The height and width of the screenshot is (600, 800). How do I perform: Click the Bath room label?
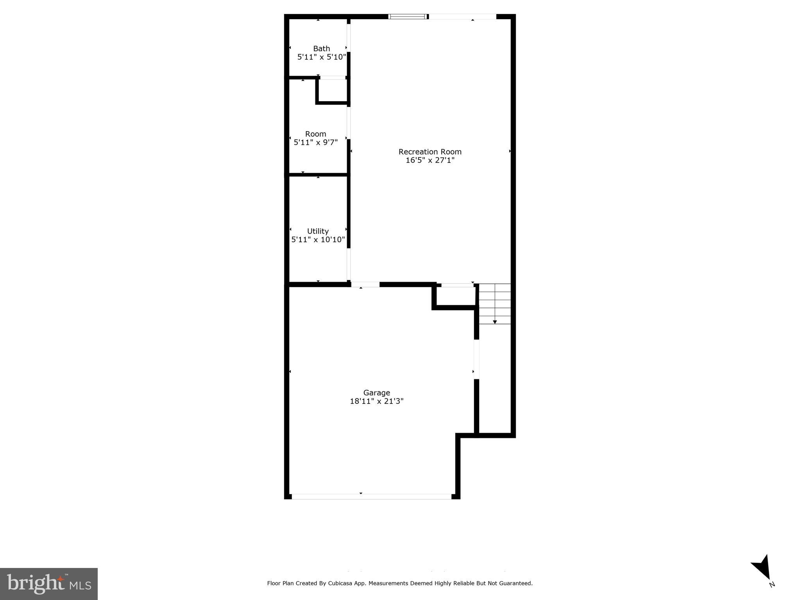pyautogui.click(x=321, y=48)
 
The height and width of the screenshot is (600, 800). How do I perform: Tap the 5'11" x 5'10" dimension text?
pyautogui.click(x=321, y=57)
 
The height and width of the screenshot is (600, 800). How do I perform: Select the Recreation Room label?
pyautogui.click(x=430, y=152)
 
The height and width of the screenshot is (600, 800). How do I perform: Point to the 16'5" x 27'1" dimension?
pyautogui.click(x=430, y=160)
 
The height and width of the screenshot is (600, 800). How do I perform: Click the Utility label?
pyautogui.click(x=318, y=231)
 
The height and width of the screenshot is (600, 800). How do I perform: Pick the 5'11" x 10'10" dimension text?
pyautogui.click(x=318, y=239)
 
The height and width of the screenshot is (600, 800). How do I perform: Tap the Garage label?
pyautogui.click(x=376, y=393)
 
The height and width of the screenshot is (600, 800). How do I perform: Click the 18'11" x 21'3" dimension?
pyautogui.click(x=376, y=401)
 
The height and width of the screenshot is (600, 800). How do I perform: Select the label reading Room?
pyautogui.click(x=315, y=134)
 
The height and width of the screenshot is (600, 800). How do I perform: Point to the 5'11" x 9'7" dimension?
pyautogui.click(x=315, y=142)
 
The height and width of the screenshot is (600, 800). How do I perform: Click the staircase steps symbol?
pyautogui.click(x=495, y=303)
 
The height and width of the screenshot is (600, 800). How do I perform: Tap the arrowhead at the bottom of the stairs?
pyautogui.click(x=495, y=322)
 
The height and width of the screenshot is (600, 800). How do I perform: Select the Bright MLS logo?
pyautogui.click(x=49, y=584)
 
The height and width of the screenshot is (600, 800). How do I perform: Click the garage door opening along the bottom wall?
pyautogui.click(x=371, y=496)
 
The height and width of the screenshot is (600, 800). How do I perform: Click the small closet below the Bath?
pyautogui.click(x=333, y=91)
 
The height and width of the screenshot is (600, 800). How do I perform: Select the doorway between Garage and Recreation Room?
pyautogui.click(x=365, y=284)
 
